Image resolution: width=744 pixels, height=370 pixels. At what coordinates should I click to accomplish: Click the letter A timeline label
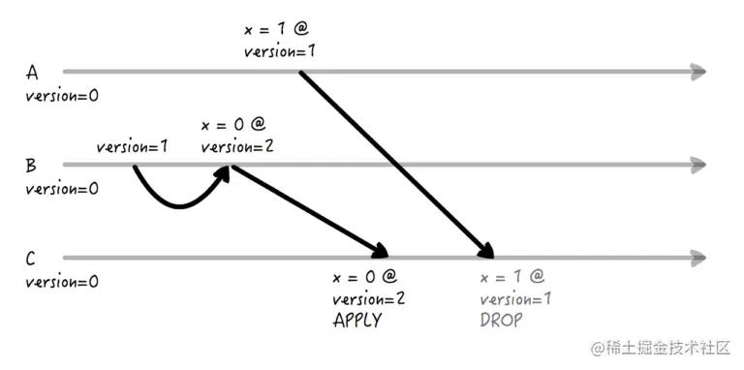point(32,73)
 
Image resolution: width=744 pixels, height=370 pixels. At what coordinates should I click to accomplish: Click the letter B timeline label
point(32,167)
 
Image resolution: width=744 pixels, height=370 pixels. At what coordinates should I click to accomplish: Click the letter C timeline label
point(32,259)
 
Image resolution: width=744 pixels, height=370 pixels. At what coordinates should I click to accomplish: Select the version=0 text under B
point(61,189)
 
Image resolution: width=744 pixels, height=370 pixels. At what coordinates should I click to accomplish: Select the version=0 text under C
point(61,281)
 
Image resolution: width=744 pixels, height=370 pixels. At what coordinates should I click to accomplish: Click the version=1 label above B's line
point(133,147)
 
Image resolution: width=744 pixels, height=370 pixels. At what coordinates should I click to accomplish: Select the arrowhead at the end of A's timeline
point(697,72)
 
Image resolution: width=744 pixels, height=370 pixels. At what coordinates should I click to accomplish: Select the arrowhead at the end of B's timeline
point(697,166)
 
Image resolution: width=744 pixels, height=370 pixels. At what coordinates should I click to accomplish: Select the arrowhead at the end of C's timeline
point(697,259)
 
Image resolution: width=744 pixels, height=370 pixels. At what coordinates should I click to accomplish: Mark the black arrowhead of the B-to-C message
point(379,250)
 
